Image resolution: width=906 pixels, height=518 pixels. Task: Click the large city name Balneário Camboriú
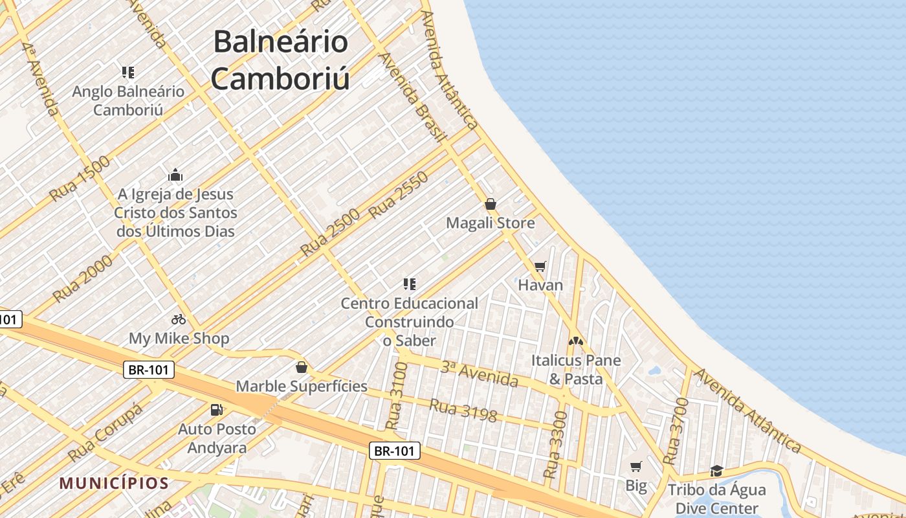tap(281, 60)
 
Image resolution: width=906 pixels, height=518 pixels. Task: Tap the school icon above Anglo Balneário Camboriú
tap(128, 73)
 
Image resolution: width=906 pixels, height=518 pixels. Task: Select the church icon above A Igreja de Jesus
tap(175, 175)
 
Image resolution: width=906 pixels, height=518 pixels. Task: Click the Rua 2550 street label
tap(399, 194)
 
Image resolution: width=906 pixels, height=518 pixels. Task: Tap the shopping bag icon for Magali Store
tap(491, 205)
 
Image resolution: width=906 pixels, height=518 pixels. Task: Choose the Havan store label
tap(540, 285)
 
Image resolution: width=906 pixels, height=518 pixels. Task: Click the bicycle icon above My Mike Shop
tap(179, 319)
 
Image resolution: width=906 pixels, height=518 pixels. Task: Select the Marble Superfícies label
tap(302, 387)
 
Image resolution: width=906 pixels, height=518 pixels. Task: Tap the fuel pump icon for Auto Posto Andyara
tap(216, 410)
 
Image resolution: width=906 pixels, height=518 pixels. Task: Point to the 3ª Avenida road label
tap(480, 374)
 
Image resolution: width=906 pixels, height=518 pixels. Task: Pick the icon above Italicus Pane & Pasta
tap(576, 341)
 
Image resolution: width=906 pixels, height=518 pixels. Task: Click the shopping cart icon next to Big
tap(636, 466)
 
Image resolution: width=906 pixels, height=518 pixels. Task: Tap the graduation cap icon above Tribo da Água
tap(716, 471)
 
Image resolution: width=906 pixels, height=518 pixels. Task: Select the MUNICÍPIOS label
tap(114, 483)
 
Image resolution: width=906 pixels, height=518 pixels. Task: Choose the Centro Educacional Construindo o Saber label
tap(409, 321)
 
